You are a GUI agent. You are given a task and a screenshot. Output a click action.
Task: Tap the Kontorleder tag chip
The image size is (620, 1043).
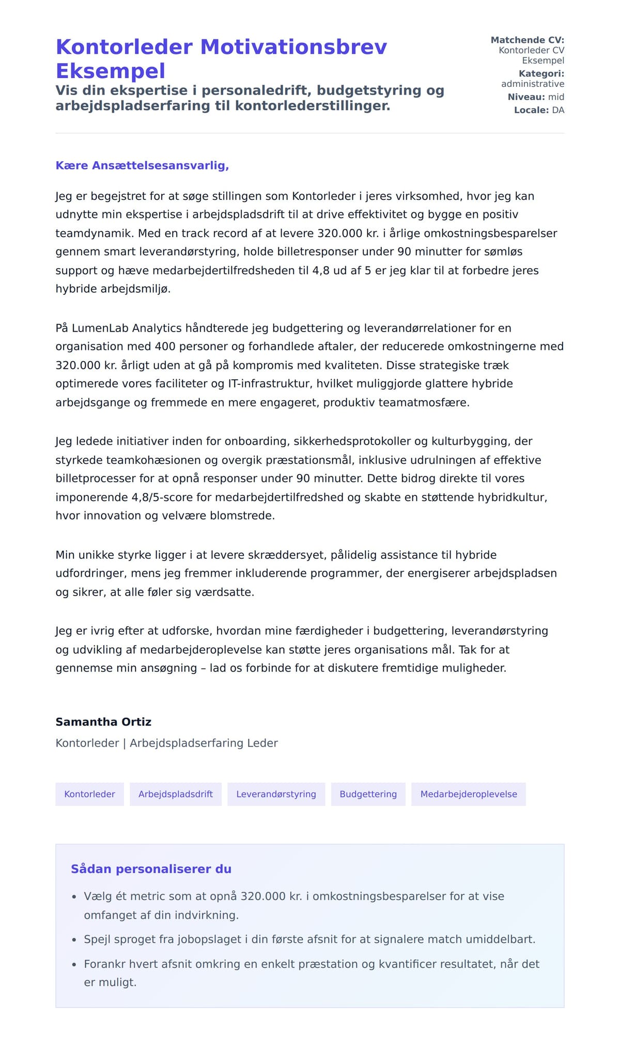point(89,794)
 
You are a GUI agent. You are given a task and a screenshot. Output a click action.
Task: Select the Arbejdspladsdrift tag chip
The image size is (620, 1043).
point(175,794)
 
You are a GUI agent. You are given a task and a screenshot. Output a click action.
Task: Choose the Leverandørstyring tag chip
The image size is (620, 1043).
point(276,794)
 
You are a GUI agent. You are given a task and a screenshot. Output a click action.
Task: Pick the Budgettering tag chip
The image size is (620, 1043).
point(368,794)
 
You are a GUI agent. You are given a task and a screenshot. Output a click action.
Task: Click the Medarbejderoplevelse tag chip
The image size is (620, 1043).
point(468,794)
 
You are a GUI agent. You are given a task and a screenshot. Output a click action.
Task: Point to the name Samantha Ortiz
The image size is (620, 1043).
point(103,722)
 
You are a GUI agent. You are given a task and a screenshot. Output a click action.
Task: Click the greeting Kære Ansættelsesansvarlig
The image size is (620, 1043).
point(142,166)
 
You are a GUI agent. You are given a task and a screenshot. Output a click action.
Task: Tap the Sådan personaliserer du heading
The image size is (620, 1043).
point(151,869)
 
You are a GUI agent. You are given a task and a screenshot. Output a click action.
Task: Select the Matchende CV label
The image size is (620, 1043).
point(527,40)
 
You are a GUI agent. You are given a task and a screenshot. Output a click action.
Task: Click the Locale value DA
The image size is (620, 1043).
point(558,110)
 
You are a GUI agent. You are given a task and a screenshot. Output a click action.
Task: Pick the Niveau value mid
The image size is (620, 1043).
point(556,97)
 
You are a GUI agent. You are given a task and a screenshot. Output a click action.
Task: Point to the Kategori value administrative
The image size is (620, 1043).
point(532,84)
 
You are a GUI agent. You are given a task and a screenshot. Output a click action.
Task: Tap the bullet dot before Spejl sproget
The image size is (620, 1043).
point(74,940)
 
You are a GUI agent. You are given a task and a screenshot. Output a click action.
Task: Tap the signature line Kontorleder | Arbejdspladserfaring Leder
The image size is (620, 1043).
point(166,743)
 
